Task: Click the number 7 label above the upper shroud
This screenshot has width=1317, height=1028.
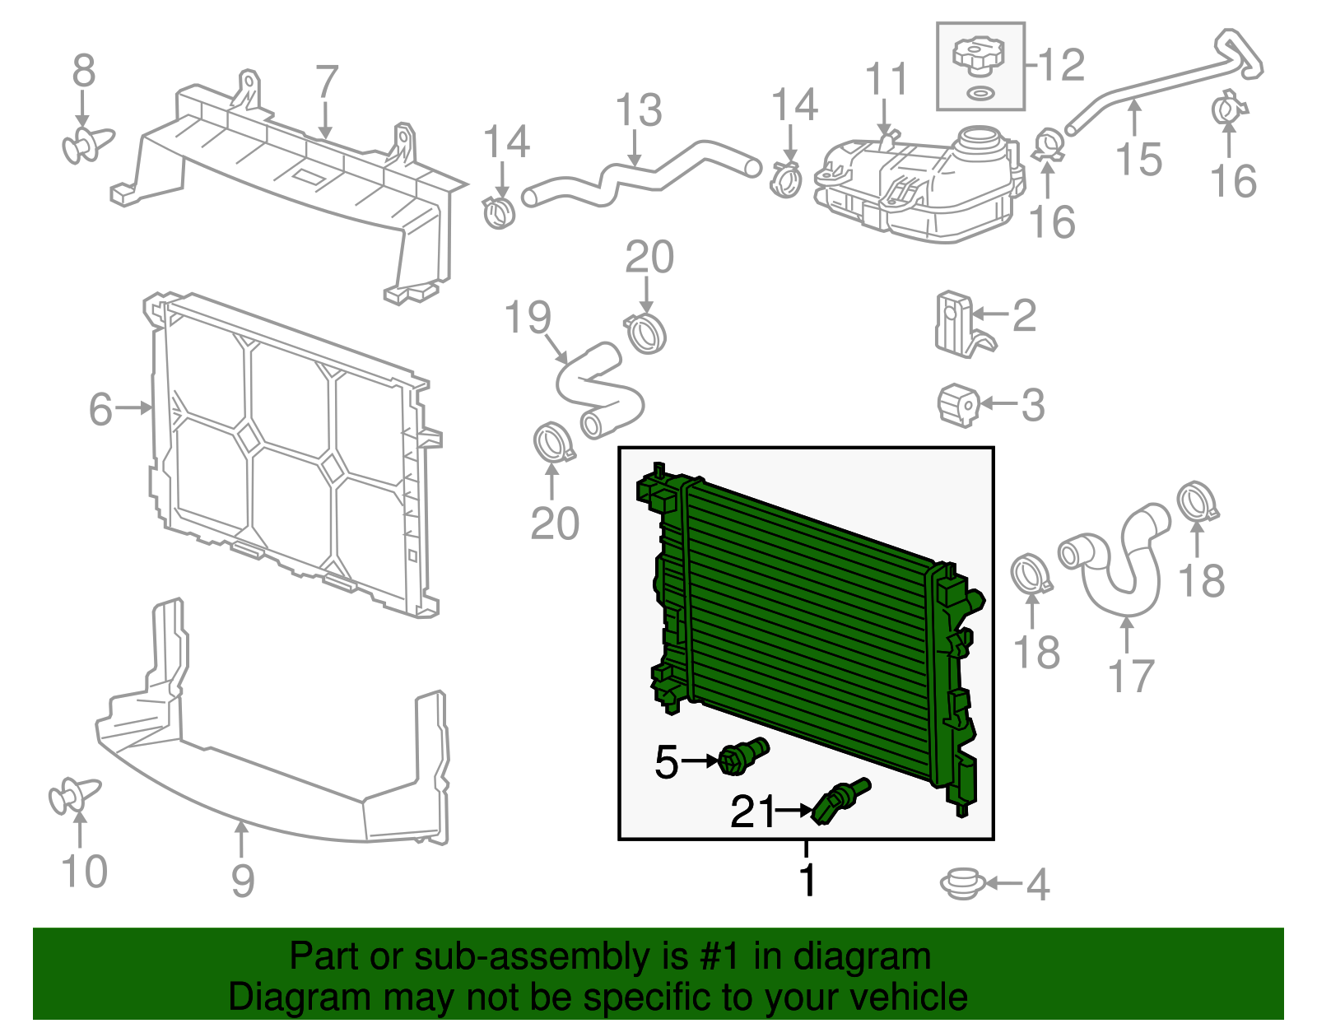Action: pyautogui.click(x=327, y=82)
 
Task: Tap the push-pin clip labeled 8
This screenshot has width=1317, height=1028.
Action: pyautogui.click(x=86, y=145)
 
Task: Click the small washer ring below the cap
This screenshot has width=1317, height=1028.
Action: pyautogui.click(x=979, y=92)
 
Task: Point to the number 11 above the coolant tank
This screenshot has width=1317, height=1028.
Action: pyautogui.click(x=887, y=80)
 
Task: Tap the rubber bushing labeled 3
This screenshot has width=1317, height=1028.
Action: pyautogui.click(x=958, y=404)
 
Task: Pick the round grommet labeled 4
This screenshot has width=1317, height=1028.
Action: pyautogui.click(x=961, y=884)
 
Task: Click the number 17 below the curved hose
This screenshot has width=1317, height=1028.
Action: pyautogui.click(x=1131, y=677)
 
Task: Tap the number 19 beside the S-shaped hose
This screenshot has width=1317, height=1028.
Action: pyautogui.click(x=528, y=318)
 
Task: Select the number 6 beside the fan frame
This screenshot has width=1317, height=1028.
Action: pyautogui.click(x=100, y=409)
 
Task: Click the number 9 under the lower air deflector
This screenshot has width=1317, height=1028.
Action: pyautogui.click(x=242, y=881)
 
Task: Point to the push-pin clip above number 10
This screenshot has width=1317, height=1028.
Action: pyautogui.click(x=73, y=795)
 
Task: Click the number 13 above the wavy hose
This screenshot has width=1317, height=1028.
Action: pyautogui.click(x=639, y=111)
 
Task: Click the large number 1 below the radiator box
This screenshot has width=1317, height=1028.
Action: pyautogui.click(x=807, y=881)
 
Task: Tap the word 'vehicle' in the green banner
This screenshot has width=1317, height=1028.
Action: pyautogui.click(x=908, y=998)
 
